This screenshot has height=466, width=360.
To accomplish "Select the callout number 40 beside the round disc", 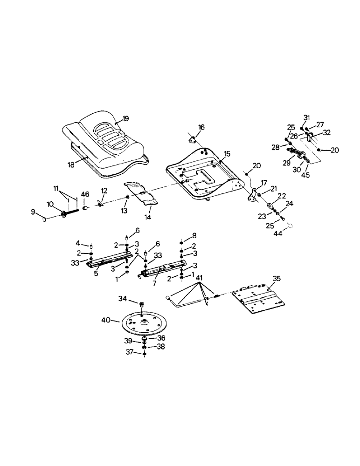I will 106,320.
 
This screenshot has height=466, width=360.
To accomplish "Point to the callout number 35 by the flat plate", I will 277,280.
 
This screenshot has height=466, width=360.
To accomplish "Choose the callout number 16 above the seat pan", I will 201,127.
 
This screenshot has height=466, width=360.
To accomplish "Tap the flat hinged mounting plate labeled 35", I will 257,301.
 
